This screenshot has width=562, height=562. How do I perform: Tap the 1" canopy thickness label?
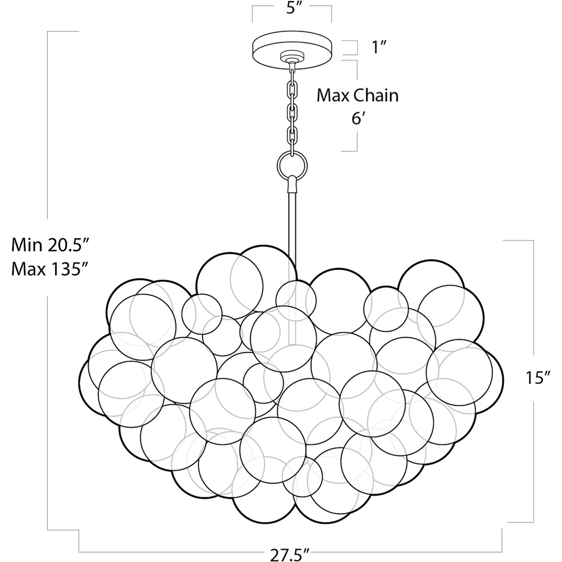[x=379, y=47]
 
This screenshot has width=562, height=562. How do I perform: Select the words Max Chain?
[x=358, y=96]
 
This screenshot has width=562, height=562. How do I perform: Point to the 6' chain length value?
[x=358, y=118]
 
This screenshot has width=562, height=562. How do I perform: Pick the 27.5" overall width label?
[x=289, y=555]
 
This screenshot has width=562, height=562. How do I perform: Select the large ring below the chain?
[x=292, y=166]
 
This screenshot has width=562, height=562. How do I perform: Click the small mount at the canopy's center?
[x=292, y=57]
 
